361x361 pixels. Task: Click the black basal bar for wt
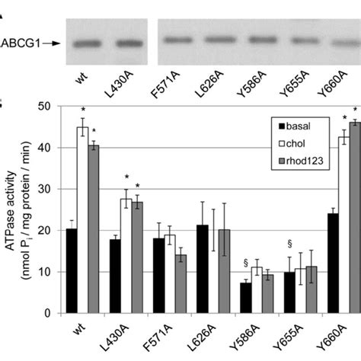pos(71,271)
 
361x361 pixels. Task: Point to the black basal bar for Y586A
pos(246,298)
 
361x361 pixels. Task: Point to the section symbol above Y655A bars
pos(289,244)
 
